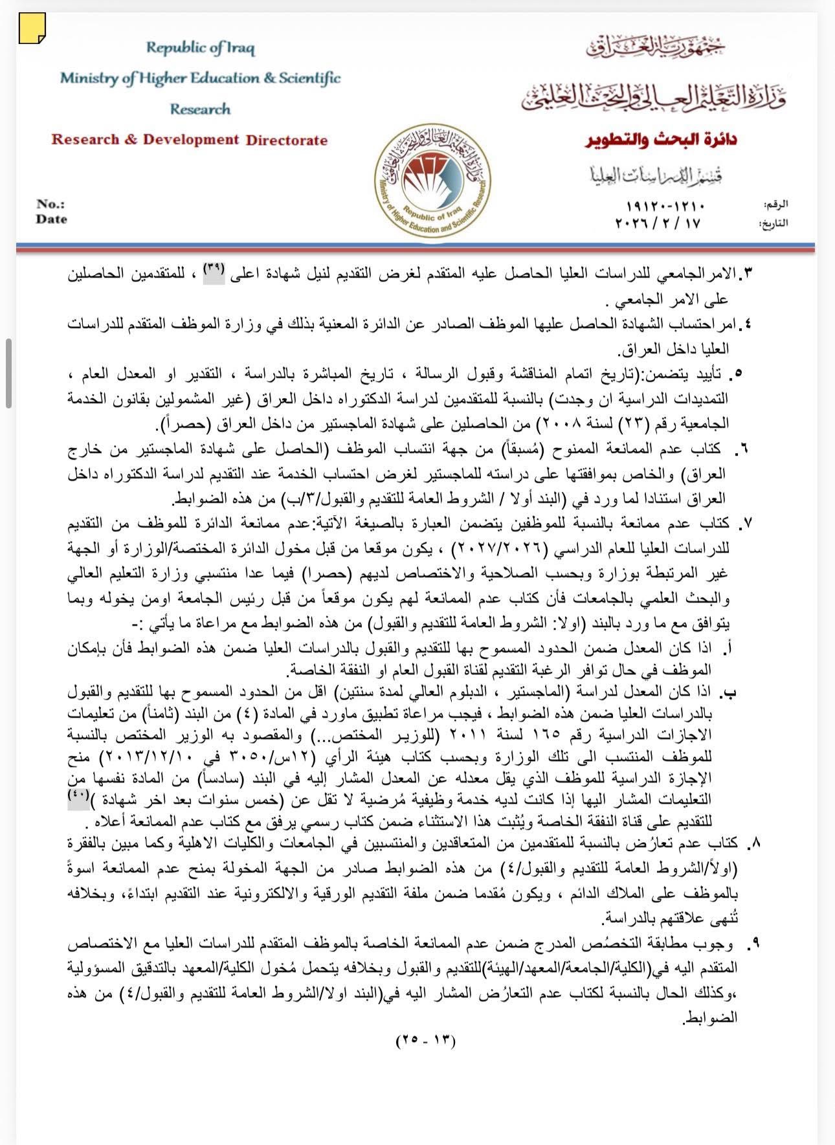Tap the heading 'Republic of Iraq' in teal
pos(200,48)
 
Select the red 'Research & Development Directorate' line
pos(189,140)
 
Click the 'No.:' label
pos(50,204)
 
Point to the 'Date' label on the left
pos(51,219)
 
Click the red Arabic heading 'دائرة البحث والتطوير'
pos(661,140)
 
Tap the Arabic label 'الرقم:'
pos(775,205)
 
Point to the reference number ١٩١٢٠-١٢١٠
pos(665,206)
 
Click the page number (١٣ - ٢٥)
pos(425,1041)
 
